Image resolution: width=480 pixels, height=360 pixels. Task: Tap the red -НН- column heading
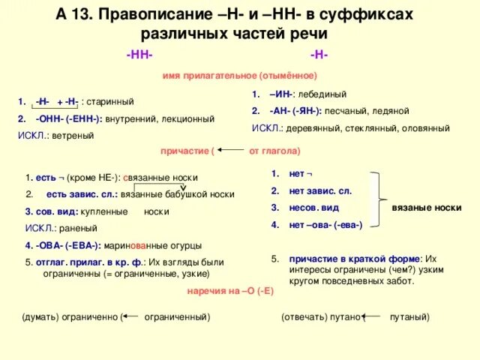pyautogui.click(x=139, y=56)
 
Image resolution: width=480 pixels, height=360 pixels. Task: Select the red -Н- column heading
pyautogui.click(x=318, y=56)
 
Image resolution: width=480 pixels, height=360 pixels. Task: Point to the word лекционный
pyautogui.click(x=189, y=118)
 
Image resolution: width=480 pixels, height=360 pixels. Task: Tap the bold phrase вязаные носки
pyautogui.click(x=426, y=206)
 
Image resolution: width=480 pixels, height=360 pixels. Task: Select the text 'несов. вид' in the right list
pyautogui.click(x=313, y=208)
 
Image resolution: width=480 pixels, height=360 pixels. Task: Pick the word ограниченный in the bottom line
pyautogui.click(x=176, y=317)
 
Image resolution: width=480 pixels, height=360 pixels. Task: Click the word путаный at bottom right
pyautogui.click(x=409, y=317)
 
